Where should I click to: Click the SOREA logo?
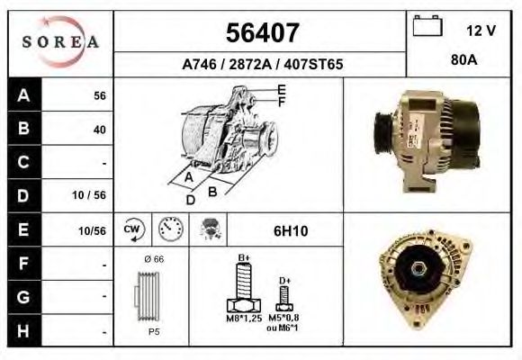pos(61,43)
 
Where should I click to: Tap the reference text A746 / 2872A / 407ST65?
pos(261,66)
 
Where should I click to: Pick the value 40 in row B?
pos(99,130)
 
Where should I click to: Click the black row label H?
pos(23,330)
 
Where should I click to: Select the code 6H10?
pos(290,231)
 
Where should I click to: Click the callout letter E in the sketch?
pos(282,89)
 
